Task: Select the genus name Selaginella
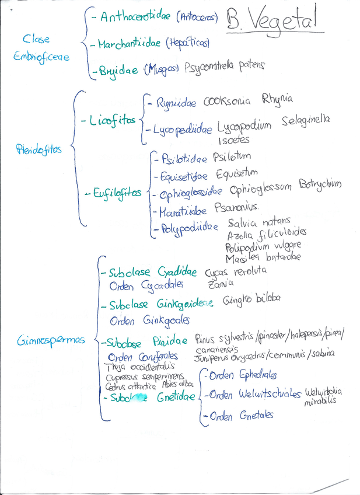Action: (305, 120)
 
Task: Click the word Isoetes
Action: (235, 140)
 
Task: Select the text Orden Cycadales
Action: (146, 285)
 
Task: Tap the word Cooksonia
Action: (226, 102)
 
